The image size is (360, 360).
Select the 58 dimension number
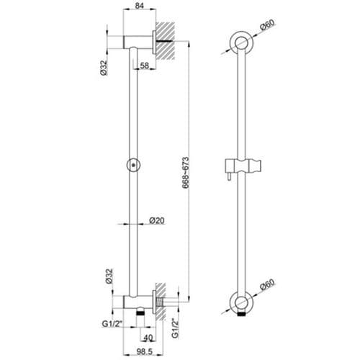144,66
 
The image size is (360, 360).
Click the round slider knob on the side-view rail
132,165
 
